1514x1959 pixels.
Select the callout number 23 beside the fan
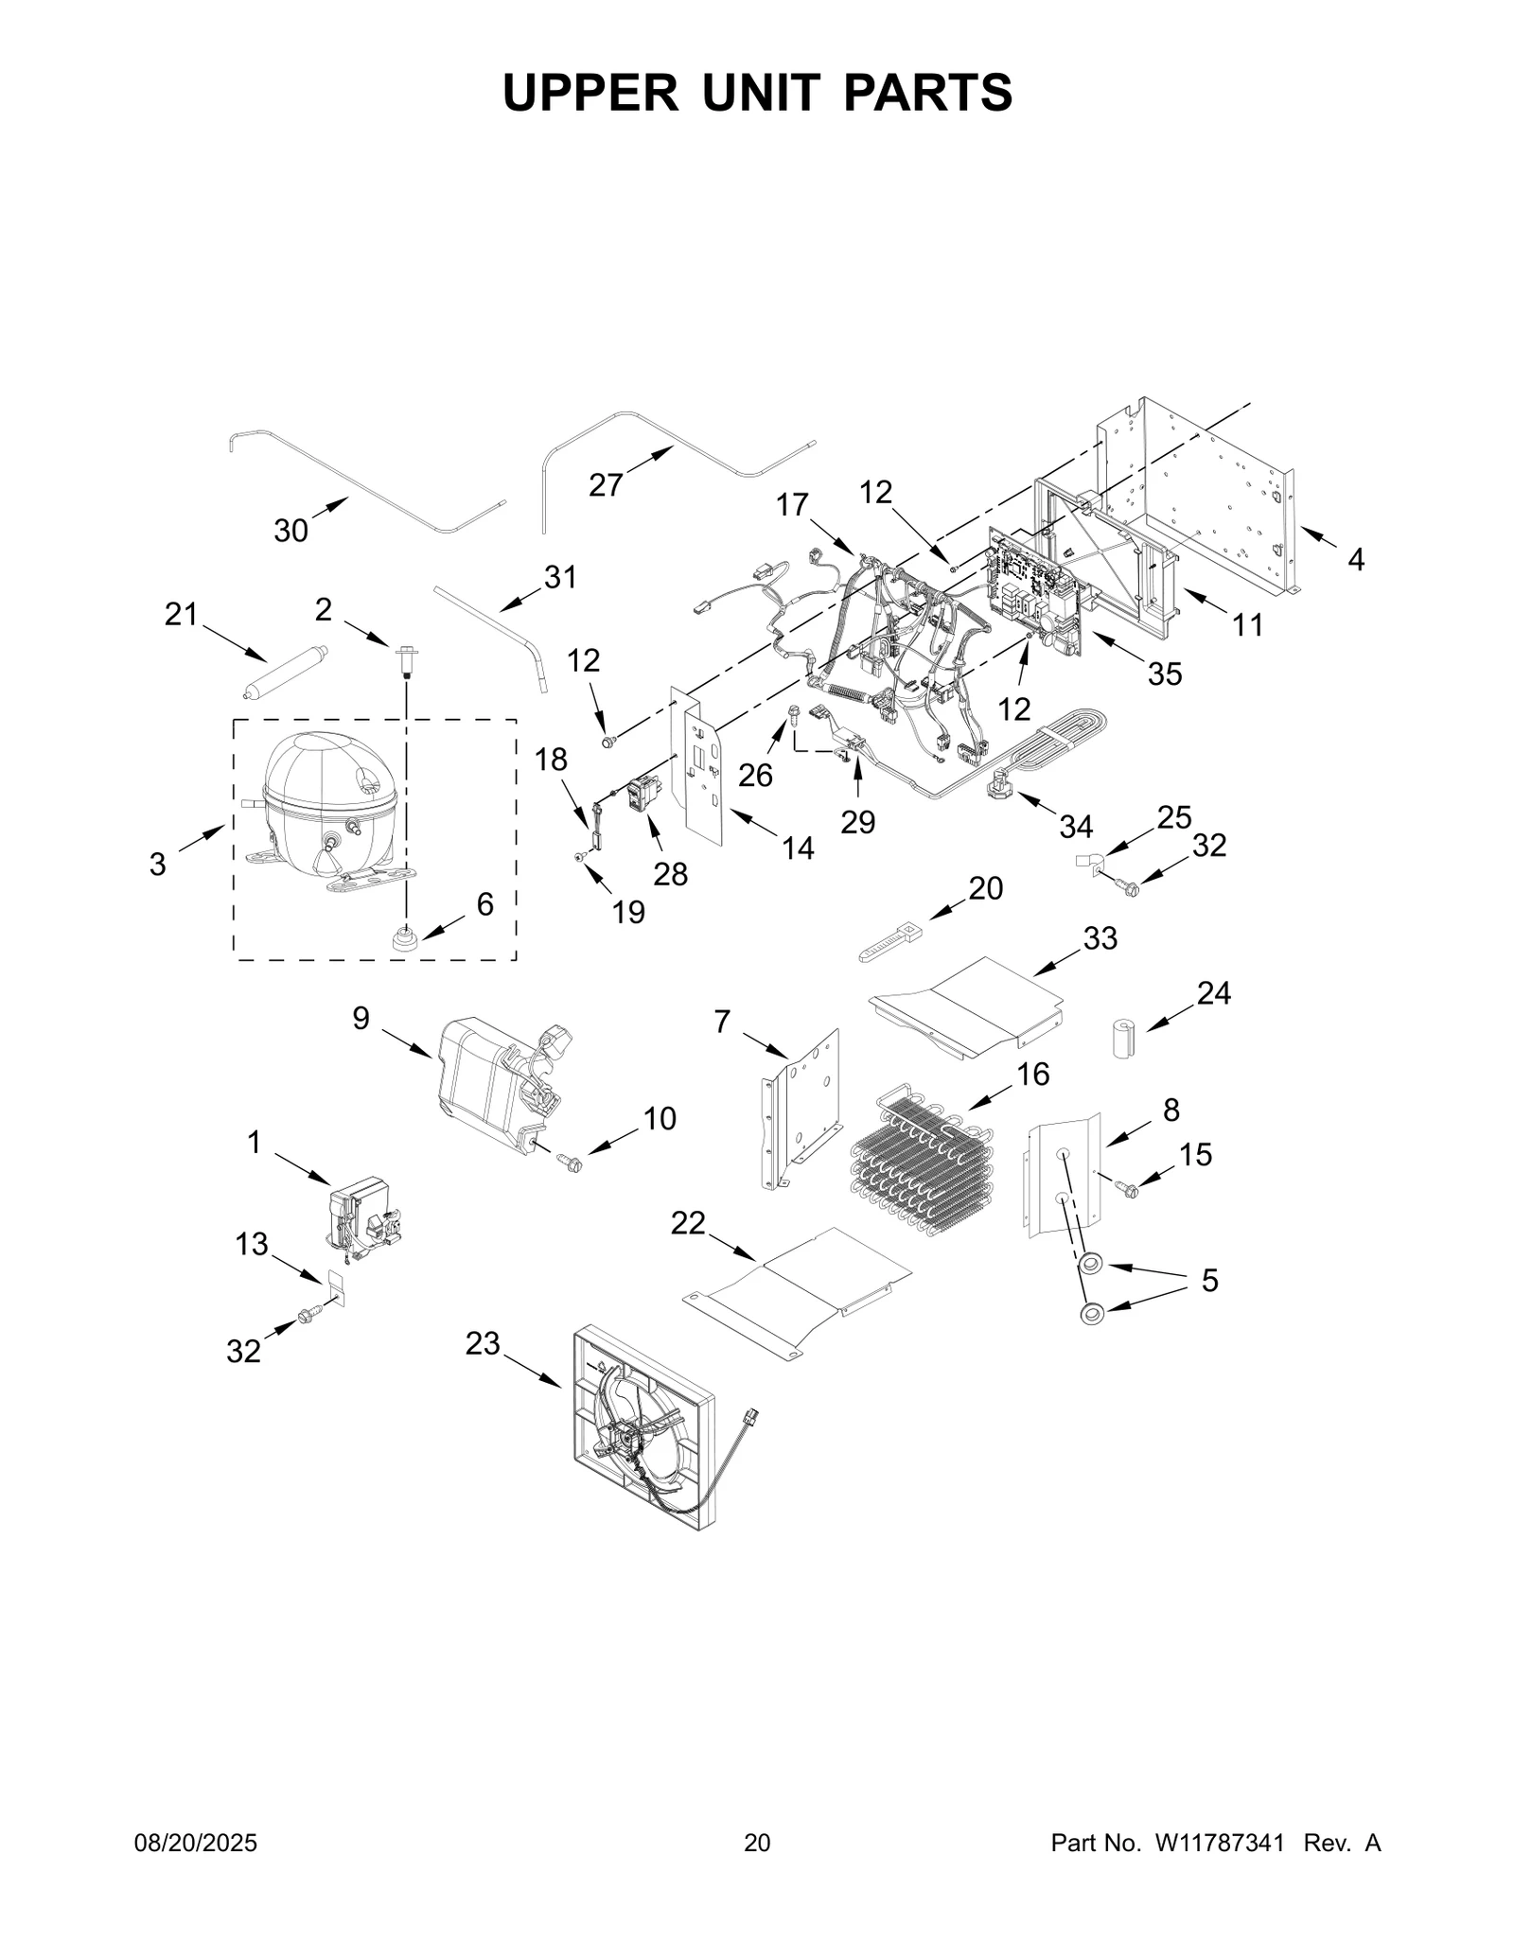[x=482, y=1343]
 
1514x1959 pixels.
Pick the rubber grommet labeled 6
[x=405, y=938]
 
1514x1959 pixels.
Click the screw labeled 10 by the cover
[x=571, y=1163]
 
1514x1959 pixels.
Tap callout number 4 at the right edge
[x=1355, y=560]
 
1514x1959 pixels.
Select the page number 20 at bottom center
[x=757, y=1844]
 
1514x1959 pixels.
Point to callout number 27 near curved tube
[x=606, y=485]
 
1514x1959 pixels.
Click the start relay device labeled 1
[x=363, y=1216]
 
